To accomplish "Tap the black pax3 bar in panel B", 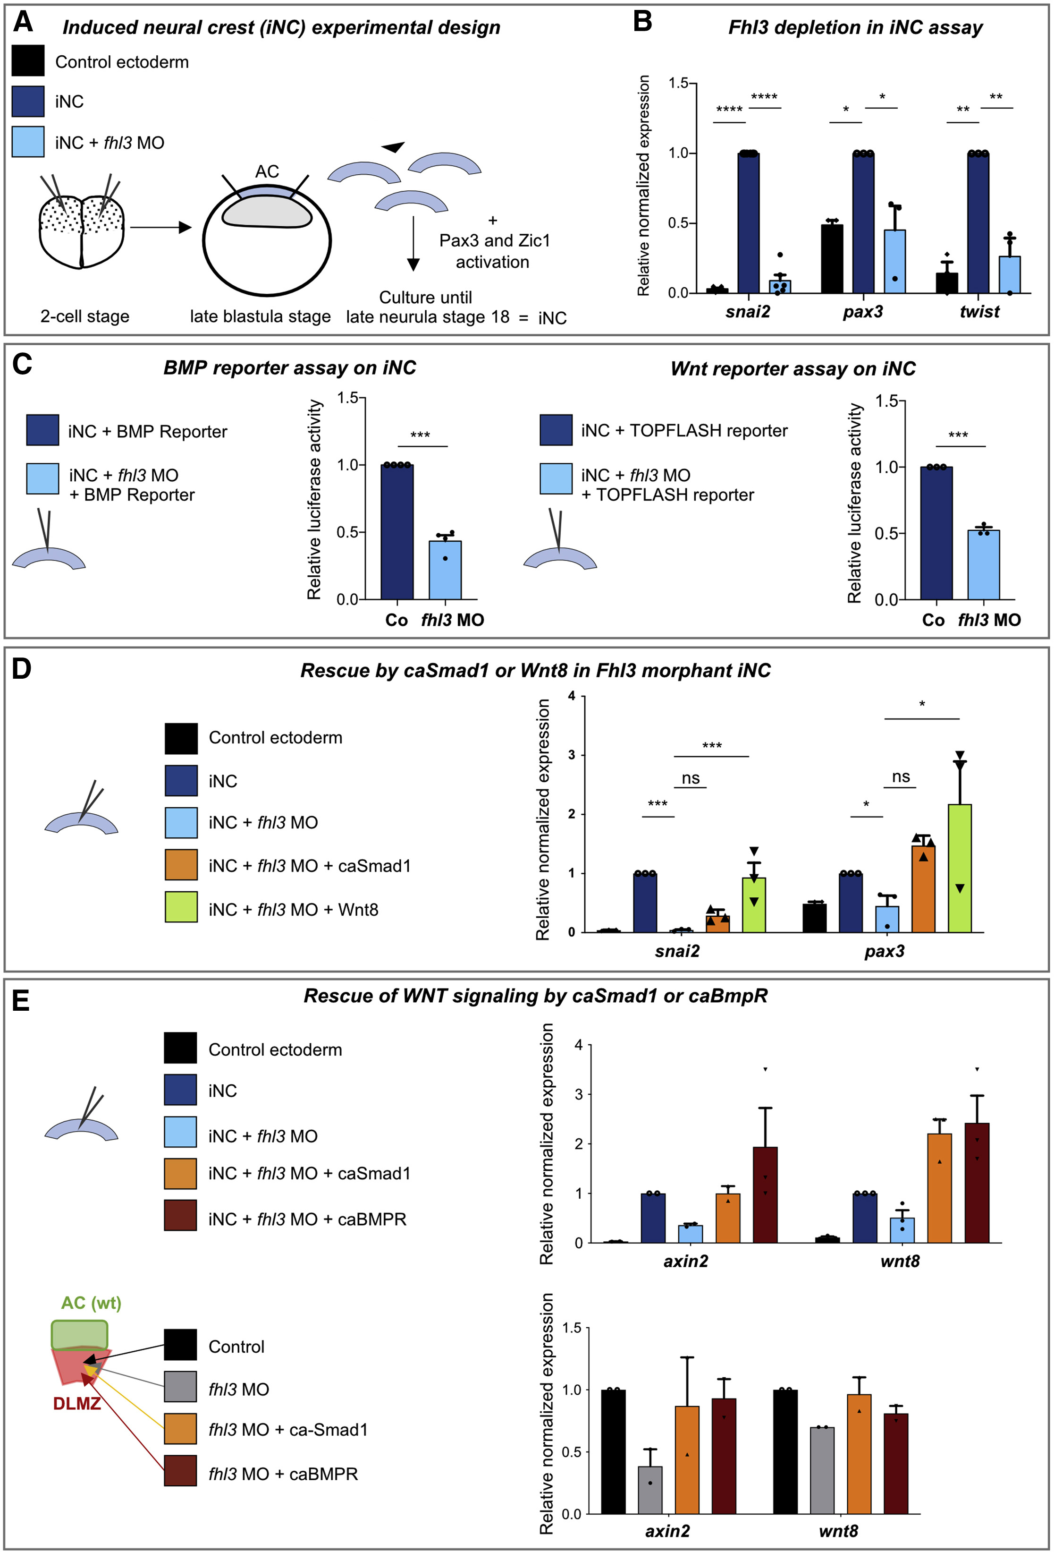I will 832,259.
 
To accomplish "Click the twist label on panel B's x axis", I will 979,312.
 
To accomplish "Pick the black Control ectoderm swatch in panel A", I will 28,61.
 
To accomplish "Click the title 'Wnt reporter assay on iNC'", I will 793,368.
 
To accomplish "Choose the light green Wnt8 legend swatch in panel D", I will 181,907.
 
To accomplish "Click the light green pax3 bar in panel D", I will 959,868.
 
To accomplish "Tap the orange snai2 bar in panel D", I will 717,923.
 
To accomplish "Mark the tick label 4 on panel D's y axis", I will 572,697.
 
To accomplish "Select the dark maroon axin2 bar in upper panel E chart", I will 765,1195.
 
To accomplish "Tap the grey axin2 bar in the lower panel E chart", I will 650,1490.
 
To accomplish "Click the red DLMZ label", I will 77,1403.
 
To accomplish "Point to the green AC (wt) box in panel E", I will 79,1335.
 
